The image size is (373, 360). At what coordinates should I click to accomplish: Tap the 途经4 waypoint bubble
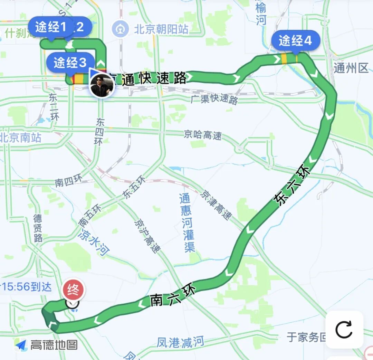(x=296, y=41)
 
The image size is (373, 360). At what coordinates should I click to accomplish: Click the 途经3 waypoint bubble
(x=70, y=63)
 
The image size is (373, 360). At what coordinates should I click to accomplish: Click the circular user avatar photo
(x=102, y=86)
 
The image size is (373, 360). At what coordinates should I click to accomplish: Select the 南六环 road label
(x=173, y=296)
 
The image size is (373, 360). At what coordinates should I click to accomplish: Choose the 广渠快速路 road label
(x=214, y=99)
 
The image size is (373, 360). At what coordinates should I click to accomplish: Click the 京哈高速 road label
(x=202, y=135)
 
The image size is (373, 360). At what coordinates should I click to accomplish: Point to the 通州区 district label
(x=351, y=68)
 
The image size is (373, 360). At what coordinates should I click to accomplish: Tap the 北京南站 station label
(x=21, y=138)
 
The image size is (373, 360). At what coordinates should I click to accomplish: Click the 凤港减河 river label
(x=180, y=342)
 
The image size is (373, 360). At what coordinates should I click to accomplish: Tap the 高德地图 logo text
(x=54, y=344)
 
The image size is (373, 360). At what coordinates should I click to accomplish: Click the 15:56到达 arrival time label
(x=26, y=286)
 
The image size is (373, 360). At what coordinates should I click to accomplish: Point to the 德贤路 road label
(x=38, y=228)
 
